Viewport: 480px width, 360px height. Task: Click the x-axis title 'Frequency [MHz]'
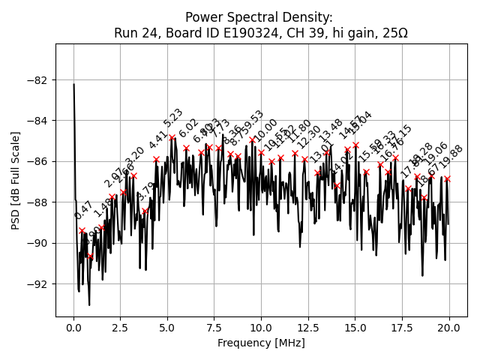[261, 343]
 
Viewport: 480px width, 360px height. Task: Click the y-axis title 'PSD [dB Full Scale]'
[16, 180]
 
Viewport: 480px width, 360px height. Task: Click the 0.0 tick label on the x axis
[73, 327]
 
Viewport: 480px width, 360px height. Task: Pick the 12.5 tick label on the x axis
[308, 327]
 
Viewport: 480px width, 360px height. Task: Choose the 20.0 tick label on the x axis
[449, 327]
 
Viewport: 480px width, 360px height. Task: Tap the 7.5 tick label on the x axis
[214, 327]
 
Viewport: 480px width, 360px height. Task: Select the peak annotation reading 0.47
[83, 211]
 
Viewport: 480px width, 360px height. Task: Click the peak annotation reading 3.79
[146, 192]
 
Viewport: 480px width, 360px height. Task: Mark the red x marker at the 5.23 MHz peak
[172, 138]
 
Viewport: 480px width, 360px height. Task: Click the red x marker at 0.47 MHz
[82, 231]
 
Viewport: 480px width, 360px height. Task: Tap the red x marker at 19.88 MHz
[447, 179]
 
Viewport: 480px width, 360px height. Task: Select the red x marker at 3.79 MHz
[145, 211]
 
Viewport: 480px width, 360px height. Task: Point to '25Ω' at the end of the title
[394, 33]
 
